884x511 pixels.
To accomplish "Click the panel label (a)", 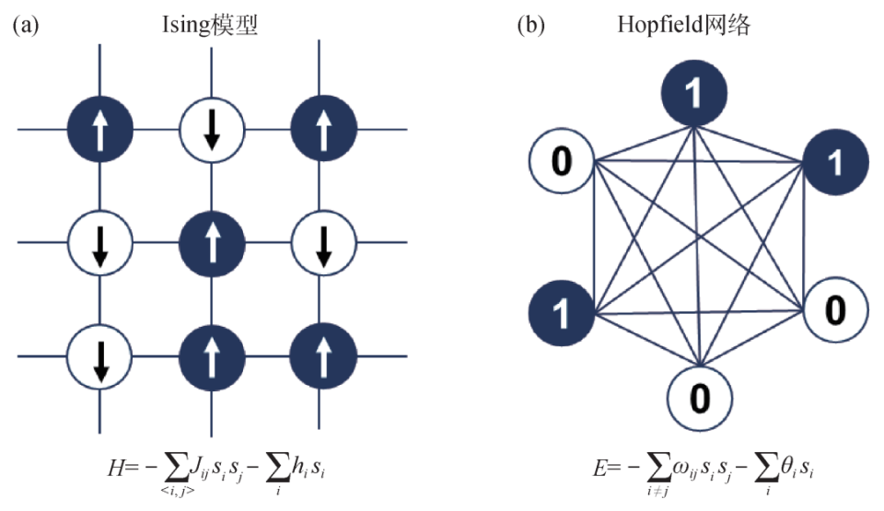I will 26,26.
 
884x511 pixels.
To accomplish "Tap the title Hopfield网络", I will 683,26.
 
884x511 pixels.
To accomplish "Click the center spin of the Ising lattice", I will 212,244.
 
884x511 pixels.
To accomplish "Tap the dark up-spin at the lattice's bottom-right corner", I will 323,357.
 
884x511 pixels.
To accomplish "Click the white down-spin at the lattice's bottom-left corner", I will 100,357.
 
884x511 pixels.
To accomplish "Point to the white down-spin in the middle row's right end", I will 323,244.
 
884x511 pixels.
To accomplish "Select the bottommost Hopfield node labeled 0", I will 700,398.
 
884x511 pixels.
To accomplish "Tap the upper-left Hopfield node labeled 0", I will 561,163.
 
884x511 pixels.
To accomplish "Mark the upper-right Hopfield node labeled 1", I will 835,163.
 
